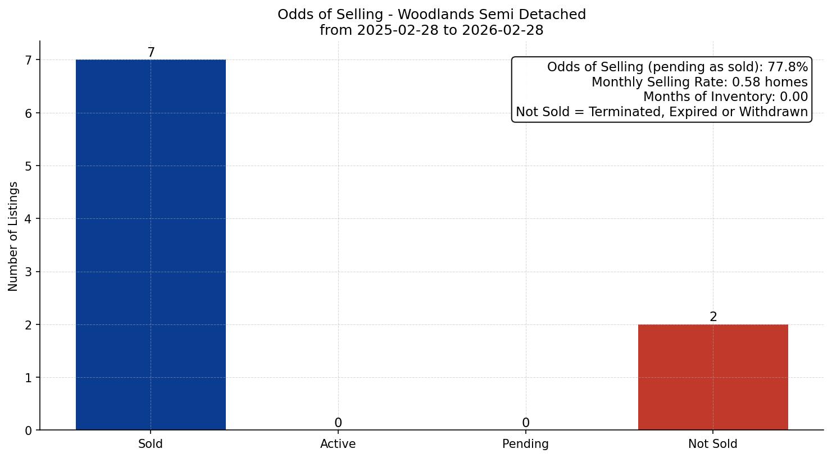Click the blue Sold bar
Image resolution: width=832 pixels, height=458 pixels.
[151, 245]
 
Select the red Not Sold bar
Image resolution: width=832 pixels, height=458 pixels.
[713, 377]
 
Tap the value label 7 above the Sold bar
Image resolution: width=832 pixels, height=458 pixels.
[151, 52]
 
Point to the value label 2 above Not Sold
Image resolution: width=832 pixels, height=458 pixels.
[713, 317]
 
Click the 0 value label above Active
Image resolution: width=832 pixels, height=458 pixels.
[338, 423]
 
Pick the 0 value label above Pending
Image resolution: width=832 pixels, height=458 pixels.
[525, 423]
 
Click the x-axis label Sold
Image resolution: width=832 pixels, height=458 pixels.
[151, 444]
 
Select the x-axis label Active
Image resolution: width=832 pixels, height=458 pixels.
[338, 444]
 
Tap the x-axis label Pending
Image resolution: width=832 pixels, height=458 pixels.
[525, 444]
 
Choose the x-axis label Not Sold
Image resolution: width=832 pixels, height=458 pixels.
[713, 444]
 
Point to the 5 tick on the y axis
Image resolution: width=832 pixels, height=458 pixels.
[29, 166]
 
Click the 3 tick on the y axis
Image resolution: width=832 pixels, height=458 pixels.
[29, 272]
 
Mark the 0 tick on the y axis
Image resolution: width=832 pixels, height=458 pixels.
[29, 430]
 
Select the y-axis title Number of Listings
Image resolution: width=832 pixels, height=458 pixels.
[13, 236]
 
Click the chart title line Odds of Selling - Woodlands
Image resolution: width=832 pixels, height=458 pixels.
[431, 15]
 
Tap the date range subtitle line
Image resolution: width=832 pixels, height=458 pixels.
[431, 30]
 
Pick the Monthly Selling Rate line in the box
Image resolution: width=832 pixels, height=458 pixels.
[699, 83]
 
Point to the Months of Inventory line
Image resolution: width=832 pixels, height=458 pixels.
[725, 97]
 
